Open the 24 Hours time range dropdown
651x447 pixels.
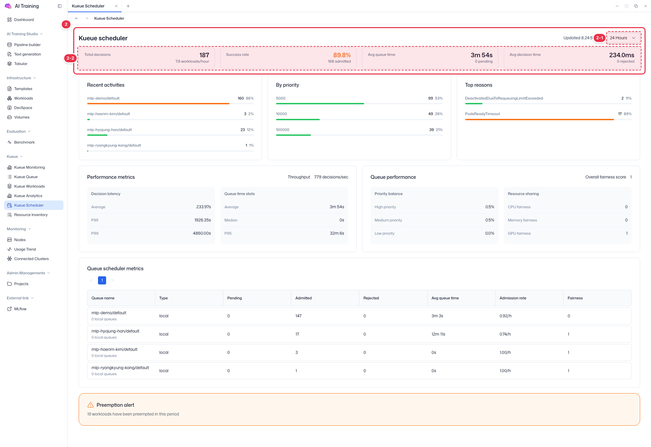[x=623, y=38]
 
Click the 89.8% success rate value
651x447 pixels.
[x=342, y=55]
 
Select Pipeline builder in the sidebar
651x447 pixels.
[x=27, y=45]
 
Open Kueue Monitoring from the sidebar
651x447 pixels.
[x=29, y=167]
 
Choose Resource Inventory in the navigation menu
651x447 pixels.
[x=31, y=215]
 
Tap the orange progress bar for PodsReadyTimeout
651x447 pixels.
[x=539, y=120]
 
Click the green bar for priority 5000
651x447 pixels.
[x=320, y=104]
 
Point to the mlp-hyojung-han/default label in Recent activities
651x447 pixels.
[x=109, y=130]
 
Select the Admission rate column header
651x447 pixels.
[x=513, y=298]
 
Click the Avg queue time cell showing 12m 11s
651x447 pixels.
[x=438, y=334]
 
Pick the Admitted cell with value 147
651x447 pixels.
[x=298, y=316]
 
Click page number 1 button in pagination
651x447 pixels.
[x=102, y=280]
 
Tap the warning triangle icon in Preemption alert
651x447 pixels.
[x=91, y=405]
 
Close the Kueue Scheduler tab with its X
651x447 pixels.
[x=116, y=6]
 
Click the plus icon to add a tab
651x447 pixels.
[x=128, y=6]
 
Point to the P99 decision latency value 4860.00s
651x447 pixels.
[x=202, y=233]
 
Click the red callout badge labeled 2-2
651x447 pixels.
[x=70, y=58]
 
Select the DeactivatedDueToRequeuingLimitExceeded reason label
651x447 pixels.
[x=504, y=98]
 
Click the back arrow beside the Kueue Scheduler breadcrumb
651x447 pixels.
[x=77, y=18]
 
